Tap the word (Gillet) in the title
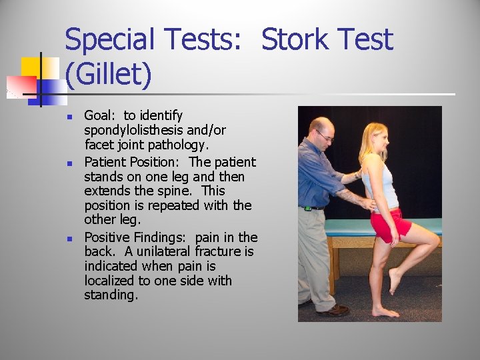pos(109,75)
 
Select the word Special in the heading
pos(111,41)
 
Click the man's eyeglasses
pos(325,137)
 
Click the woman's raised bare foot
pos(395,281)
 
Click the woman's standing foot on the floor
pos(385,311)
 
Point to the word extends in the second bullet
pos(107,191)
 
